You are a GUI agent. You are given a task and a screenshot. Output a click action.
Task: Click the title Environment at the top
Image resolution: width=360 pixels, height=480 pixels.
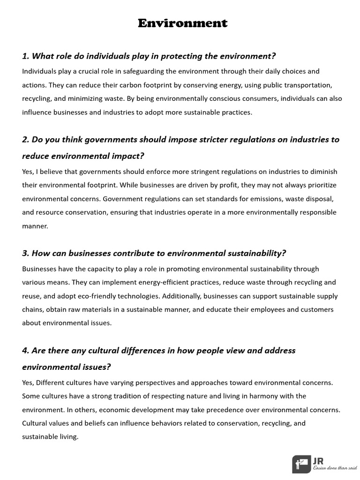(182, 23)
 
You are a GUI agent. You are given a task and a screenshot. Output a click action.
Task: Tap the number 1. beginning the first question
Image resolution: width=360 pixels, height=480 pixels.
(26, 56)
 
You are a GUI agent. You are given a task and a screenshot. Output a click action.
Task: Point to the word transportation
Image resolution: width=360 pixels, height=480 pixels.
(309, 85)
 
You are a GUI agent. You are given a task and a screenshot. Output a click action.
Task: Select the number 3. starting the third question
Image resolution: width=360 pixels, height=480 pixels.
(26, 254)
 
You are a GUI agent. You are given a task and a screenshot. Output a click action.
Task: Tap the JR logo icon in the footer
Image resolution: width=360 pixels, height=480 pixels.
(301, 464)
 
